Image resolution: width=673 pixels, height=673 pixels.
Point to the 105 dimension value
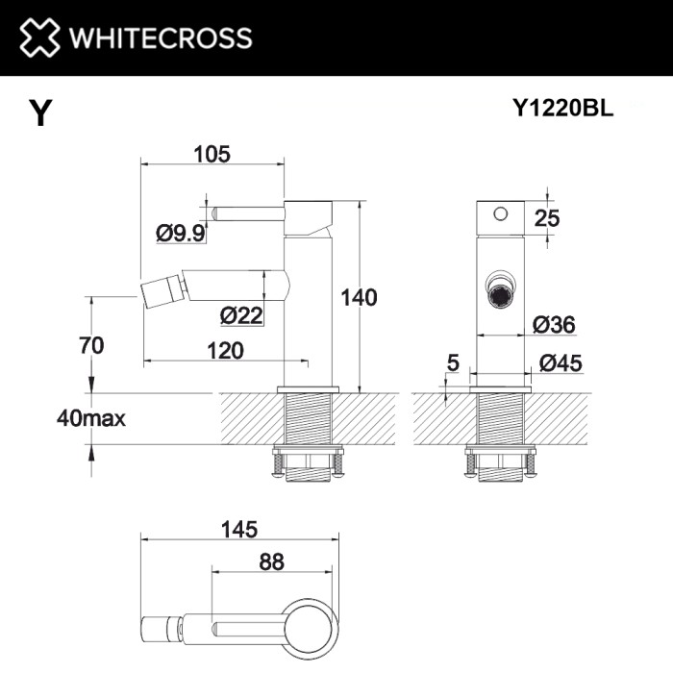click(x=212, y=154)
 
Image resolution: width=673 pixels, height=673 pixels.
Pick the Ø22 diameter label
click(x=240, y=314)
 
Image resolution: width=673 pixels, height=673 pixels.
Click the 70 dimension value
click(x=91, y=344)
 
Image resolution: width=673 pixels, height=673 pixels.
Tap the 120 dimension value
click(x=225, y=351)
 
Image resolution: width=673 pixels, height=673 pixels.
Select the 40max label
click(x=92, y=418)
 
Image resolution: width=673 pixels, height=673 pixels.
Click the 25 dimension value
click(x=546, y=218)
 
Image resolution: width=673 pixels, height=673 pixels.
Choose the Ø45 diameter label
click(x=560, y=362)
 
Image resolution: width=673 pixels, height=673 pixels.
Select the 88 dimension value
click(x=272, y=561)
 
